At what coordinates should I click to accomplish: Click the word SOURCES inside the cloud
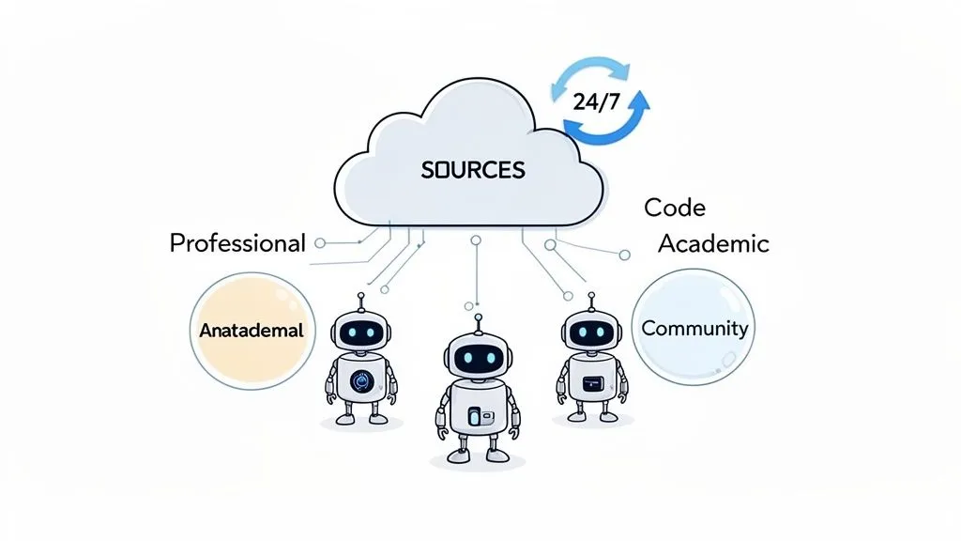click(x=473, y=170)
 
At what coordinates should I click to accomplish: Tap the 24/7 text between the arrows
click(x=596, y=100)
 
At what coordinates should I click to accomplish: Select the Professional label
click(x=237, y=242)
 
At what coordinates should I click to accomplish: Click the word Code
click(x=675, y=208)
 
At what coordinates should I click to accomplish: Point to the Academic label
click(x=713, y=243)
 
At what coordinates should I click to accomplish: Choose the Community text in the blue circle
click(x=694, y=328)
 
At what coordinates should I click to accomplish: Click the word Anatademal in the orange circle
click(x=251, y=331)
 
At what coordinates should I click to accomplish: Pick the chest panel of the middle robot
click(x=479, y=415)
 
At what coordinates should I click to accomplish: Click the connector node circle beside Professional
click(x=320, y=243)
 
